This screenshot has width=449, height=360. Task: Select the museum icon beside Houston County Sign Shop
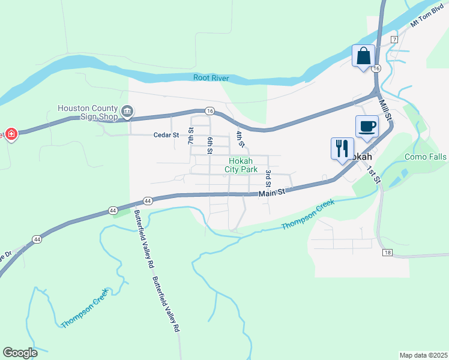click(x=127, y=111)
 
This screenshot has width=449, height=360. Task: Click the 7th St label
click(x=191, y=136)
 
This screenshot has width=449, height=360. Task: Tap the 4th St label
click(x=240, y=139)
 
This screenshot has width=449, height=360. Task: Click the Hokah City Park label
click(x=240, y=165)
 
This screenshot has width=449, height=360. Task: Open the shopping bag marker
click(x=363, y=56)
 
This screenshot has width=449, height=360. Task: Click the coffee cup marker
click(x=367, y=127)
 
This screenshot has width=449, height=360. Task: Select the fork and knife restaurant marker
click(x=342, y=148)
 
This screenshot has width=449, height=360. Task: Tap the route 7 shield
click(x=394, y=39)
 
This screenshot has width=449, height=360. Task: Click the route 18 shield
click(x=387, y=253)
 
